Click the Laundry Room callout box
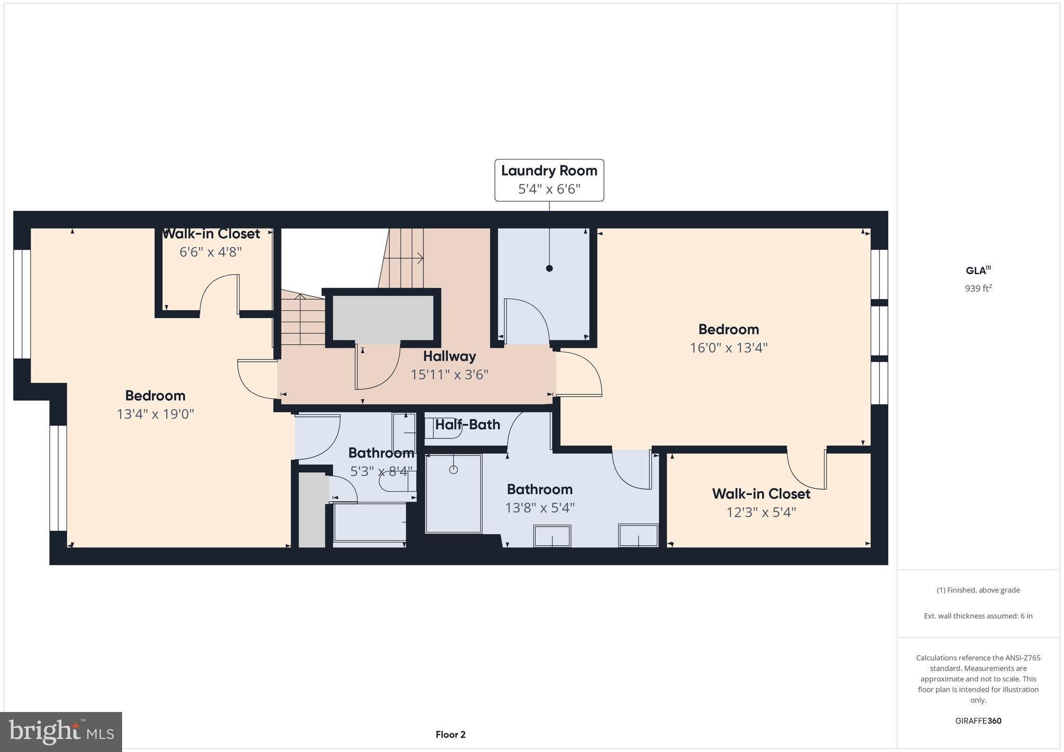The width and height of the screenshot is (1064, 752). [x=549, y=180]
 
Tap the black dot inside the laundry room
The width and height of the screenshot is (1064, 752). [x=549, y=268]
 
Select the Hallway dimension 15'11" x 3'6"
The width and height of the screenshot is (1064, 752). [x=449, y=374]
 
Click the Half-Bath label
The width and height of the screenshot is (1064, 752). [x=467, y=424]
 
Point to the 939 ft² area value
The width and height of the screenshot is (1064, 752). [x=978, y=288]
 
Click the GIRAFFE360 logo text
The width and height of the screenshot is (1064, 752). [x=978, y=721]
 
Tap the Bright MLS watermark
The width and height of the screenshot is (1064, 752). [x=61, y=732]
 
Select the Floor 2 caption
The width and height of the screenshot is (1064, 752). [x=450, y=734]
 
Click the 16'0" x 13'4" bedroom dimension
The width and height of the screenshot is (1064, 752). [x=728, y=347]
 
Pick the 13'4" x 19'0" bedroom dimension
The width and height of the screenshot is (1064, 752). [x=155, y=414]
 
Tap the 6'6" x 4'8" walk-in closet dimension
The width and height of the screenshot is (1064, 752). [x=210, y=252]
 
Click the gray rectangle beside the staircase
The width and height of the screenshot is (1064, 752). [x=383, y=317]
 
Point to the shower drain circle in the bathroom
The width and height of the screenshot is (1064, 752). [x=453, y=469]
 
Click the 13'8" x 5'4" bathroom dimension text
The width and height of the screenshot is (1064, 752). [x=540, y=507]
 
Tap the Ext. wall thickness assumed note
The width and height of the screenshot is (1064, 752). [x=978, y=616]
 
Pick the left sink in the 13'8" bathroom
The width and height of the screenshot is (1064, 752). [x=552, y=535]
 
